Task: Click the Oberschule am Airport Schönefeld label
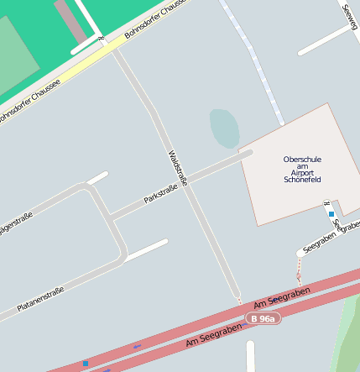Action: pos(302,170)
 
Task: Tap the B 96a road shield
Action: pos(263,319)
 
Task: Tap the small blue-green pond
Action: pos(224,128)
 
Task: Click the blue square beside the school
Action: pos(331,215)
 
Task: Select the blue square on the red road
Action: pos(86,364)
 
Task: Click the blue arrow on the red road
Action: pos(137,346)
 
